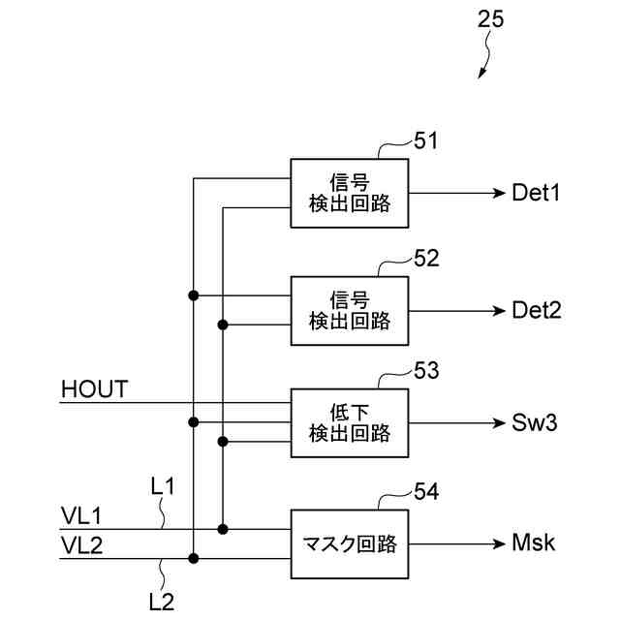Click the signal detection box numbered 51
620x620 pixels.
click(350, 194)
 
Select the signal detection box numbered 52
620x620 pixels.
click(350, 311)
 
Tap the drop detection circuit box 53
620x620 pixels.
click(350, 423)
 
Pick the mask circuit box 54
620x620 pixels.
click(350, 544)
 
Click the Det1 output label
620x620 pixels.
click(536, 193)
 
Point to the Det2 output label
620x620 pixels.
click(536, 310)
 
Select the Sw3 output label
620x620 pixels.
click(534, 422)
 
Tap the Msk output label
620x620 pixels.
click(533, 542)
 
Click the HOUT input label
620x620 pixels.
click(95, 389)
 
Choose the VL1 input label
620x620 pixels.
click(81, 516)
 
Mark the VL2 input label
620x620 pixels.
click(81, 545)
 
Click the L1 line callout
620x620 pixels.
click(162, 486)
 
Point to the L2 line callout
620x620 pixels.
click(162, 602)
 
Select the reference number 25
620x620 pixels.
click(491, 19)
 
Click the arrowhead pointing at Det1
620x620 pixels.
click(500, 194)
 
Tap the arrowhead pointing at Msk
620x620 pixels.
click(500, 544)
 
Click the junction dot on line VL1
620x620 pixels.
click(223, 529)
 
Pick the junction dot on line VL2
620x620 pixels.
click(194, 558)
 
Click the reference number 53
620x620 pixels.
click(426, 371)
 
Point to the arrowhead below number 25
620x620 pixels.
click(481, 74)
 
